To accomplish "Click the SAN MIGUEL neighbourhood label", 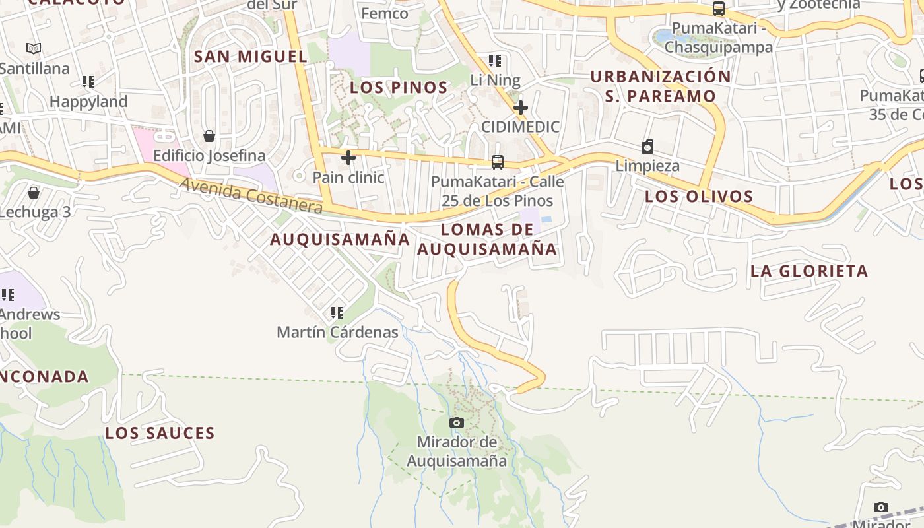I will point(251,57).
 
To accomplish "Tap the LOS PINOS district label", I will point(399,87).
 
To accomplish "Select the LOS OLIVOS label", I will point(699,196).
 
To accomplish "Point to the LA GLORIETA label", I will point(809,271).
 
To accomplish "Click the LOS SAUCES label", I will point(160,433).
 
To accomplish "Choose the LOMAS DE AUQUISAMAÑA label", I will point(487,239).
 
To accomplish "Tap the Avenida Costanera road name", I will point(251,195).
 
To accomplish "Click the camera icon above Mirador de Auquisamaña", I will point(456,422).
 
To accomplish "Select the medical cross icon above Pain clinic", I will point(348,158).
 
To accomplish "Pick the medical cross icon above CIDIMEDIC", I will point(521,107).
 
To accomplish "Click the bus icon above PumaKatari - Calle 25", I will point(498,162).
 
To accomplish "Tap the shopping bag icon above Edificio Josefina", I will point(209,136).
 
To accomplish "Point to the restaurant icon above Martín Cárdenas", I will point(337,312).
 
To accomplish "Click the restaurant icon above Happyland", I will point(88,82).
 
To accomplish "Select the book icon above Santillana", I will point(34,48).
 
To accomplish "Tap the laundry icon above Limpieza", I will point(647,147).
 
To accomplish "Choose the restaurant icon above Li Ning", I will point(495,61).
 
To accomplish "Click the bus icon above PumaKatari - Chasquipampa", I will point(719,9).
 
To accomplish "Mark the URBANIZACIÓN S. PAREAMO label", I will point(661,86).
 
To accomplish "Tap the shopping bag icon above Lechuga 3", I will point(34,193).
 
